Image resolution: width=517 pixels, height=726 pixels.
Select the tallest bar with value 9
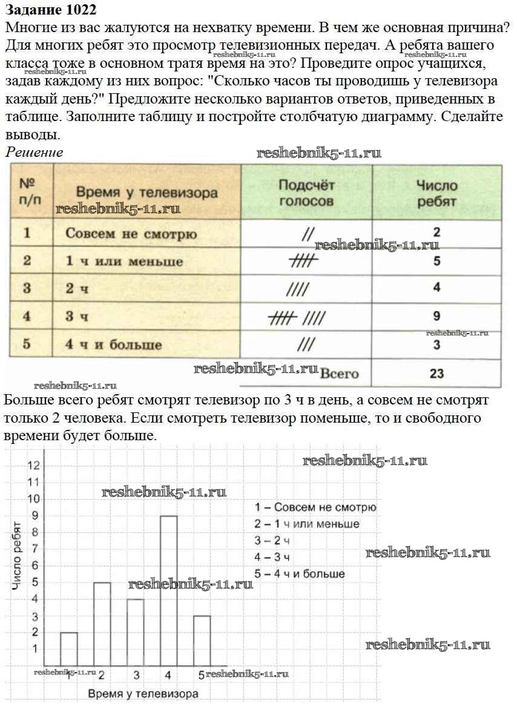[169, 590]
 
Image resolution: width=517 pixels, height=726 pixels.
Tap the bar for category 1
[69, 648]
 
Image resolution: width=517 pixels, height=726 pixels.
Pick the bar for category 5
[202, 641]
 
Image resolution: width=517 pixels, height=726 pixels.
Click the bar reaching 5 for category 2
[102, 624]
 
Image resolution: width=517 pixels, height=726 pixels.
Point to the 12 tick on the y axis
[34, 465]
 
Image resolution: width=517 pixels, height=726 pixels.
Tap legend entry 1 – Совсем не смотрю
[315, 507]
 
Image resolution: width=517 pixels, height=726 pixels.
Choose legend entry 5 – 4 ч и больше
[300, 573]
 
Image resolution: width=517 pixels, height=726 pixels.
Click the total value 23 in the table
[436, 374]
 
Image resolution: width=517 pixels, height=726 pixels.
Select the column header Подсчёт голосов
[306, 193]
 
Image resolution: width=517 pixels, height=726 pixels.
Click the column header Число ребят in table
[436, 193]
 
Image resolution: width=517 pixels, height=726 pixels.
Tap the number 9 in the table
[436, 316]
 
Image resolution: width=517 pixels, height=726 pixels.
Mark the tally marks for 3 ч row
[297, 317]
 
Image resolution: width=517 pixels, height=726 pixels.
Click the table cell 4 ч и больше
[113, 345]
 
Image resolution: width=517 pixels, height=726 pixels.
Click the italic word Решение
[35, 152]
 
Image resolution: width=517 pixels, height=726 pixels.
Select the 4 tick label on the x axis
[168, 675]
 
